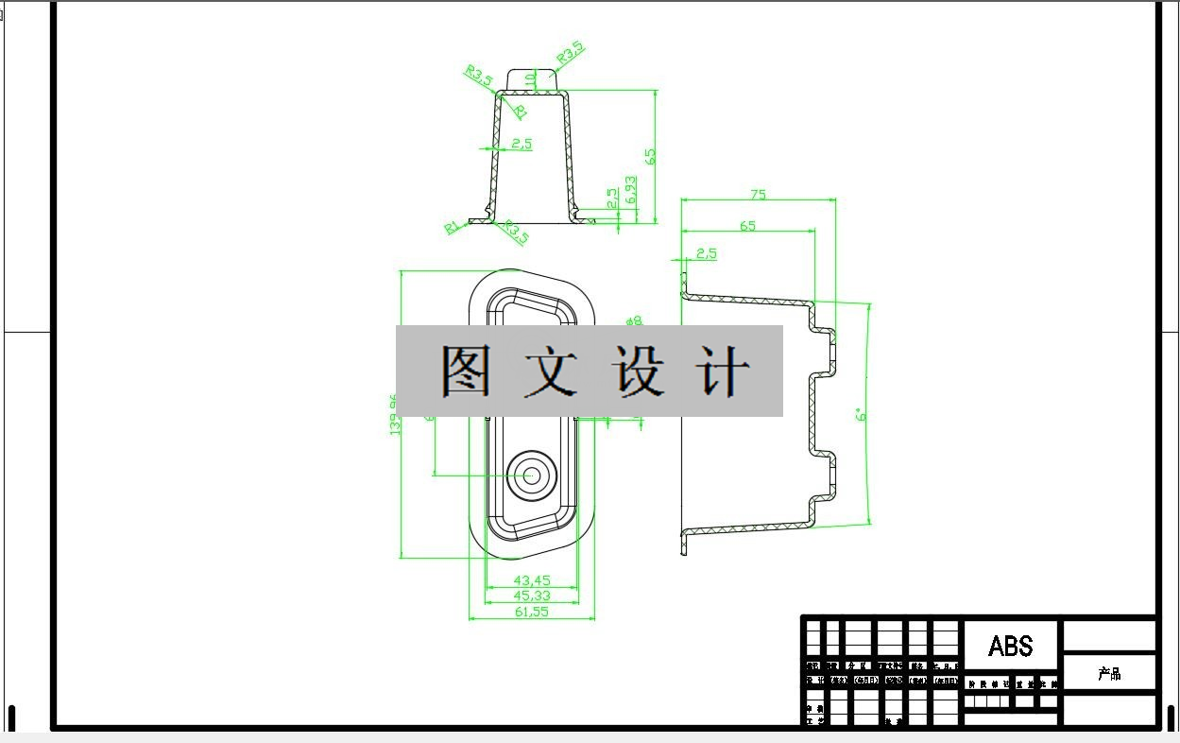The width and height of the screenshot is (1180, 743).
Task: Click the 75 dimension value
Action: coord(758,195)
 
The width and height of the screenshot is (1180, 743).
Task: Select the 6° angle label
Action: coord(860,415)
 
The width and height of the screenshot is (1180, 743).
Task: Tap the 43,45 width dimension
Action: coord(531,579)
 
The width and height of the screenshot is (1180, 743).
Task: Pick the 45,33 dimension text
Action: coord(531,596)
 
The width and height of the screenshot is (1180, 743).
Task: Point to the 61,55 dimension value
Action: coord(531,612)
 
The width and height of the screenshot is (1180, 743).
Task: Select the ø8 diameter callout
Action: coord(633,321)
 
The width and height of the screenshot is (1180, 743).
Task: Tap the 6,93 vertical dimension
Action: coord(631,192)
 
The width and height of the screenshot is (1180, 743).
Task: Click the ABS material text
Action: coord(1010,647)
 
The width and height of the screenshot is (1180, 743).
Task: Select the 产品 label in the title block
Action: coord(1109,674)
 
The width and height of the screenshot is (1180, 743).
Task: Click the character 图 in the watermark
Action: coord(466,371)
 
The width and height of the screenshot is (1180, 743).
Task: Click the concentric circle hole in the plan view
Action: coord(531,475)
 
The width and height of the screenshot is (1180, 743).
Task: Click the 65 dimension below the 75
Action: coord(747,226)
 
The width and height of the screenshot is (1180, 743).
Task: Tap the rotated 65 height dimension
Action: coord(650,156)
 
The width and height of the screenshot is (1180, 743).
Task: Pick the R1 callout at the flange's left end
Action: coord(452,227)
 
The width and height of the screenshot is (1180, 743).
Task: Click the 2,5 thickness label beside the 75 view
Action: coord(706,253)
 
